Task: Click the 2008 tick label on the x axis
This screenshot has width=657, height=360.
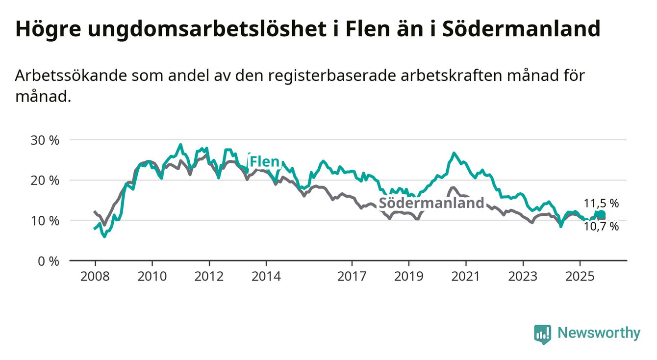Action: click(95, 277)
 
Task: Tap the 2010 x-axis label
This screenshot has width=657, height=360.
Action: click(152, 277)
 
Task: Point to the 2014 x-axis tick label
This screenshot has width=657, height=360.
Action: click(266, 277)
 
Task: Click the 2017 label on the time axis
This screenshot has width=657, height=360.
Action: click(352, 277)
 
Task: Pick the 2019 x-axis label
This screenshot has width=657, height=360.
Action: click(409, 277)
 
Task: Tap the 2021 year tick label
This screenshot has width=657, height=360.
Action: click(465, 277)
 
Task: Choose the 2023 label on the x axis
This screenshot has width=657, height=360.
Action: click(523, 277)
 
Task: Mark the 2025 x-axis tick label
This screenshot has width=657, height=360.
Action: click(580, 277)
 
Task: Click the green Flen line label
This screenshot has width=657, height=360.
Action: click(264, 161)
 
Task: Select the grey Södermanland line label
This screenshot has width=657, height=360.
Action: click(431, 203)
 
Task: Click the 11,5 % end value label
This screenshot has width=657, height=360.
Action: click(601, 203)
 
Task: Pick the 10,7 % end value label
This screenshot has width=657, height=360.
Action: click(601, 227)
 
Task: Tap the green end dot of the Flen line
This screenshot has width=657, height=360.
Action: click(602, 214)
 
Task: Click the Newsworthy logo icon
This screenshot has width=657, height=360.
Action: click(542, 334)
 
